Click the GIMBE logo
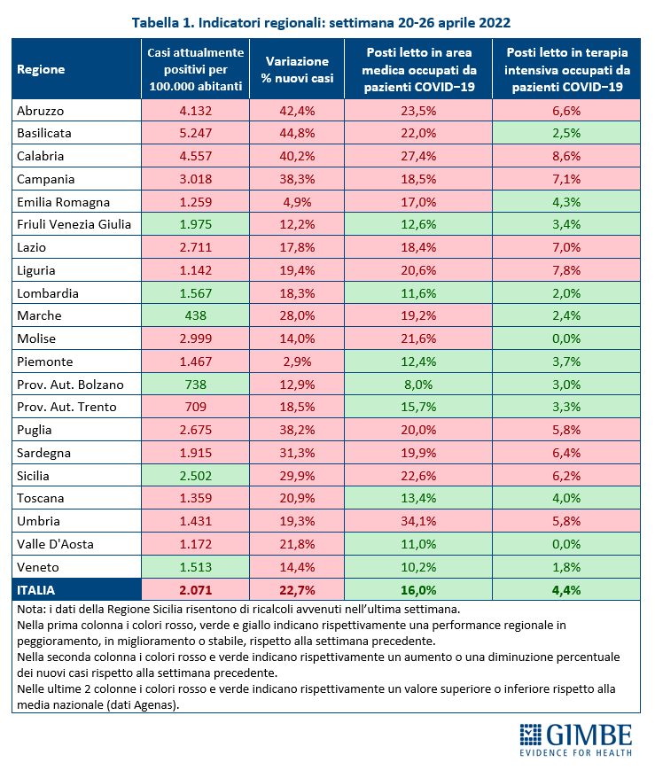coord(576,740)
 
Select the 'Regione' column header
coord(41,69)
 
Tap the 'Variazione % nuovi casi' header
coord(297,69)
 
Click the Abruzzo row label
coord(40,111)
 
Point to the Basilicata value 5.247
coord(196,133)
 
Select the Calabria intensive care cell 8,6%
coord(566,156)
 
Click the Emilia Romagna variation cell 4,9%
coord(297,202)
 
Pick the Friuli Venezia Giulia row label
coord(74,224)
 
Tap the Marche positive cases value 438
coord(196,315)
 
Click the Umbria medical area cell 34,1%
coord(418,521)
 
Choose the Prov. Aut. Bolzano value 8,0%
coord(418,385)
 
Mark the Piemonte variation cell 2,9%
coord(297,362)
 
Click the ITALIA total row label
coord(35,590)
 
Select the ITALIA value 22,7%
coord(297,590)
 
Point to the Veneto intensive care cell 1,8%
coord(566,567)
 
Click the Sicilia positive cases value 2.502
coord(196,476)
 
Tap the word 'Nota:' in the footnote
coord(31,610)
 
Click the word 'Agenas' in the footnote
coord(155,705)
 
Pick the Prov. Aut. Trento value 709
coord(196,407)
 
